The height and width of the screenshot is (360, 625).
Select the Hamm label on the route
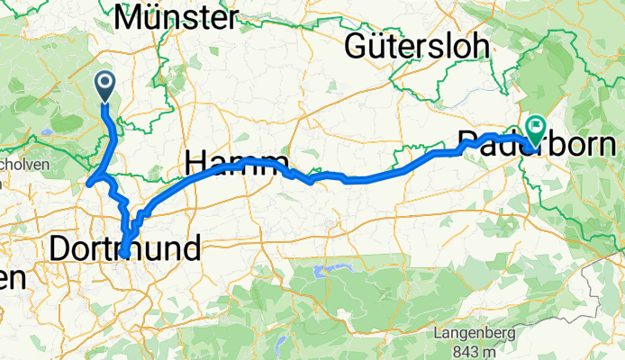236,163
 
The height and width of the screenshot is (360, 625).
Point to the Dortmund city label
125,250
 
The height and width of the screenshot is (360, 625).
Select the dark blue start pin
104,85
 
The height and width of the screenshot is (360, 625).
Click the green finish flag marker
538,130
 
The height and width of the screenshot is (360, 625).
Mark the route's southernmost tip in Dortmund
122,255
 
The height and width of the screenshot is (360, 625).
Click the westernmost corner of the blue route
88,184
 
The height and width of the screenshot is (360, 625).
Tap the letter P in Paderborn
468,145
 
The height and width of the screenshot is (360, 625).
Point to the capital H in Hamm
195,163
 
